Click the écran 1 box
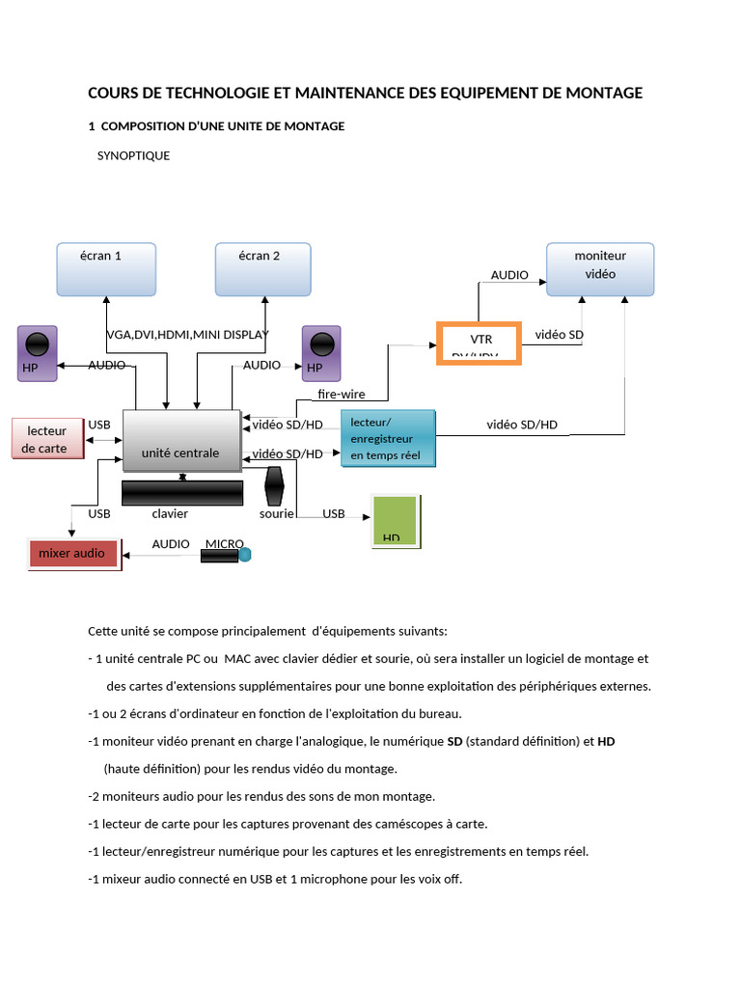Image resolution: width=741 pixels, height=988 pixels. coord(106,269)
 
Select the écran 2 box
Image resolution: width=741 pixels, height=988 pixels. coord(262,269)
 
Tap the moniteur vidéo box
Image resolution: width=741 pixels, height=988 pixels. coord(600,269)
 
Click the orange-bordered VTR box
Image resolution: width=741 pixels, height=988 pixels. coord(480,343)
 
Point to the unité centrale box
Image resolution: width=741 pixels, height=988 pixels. coord(181,441)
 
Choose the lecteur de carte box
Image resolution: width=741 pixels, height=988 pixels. coord(45,439)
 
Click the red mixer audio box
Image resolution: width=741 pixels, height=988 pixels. coord(74,554)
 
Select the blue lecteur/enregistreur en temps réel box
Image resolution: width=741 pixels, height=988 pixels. coord(388,439)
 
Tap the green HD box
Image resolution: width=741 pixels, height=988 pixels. coord(396,522)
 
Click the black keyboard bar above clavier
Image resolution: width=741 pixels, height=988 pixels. coord(182,492)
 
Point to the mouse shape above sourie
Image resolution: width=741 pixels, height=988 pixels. coord(274,486)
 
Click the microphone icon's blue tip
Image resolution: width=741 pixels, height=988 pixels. coord(244,555)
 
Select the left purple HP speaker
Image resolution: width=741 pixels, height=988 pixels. coord(37,352)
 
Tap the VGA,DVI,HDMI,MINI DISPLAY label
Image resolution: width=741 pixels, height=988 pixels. coord(187,335)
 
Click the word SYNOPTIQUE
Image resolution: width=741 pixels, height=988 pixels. coord(133,155)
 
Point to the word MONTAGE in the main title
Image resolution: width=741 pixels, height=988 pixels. coord(599,93)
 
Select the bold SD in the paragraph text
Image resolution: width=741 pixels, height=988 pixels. coord(456,742)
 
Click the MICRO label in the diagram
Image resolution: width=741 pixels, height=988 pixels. coord(224,544)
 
